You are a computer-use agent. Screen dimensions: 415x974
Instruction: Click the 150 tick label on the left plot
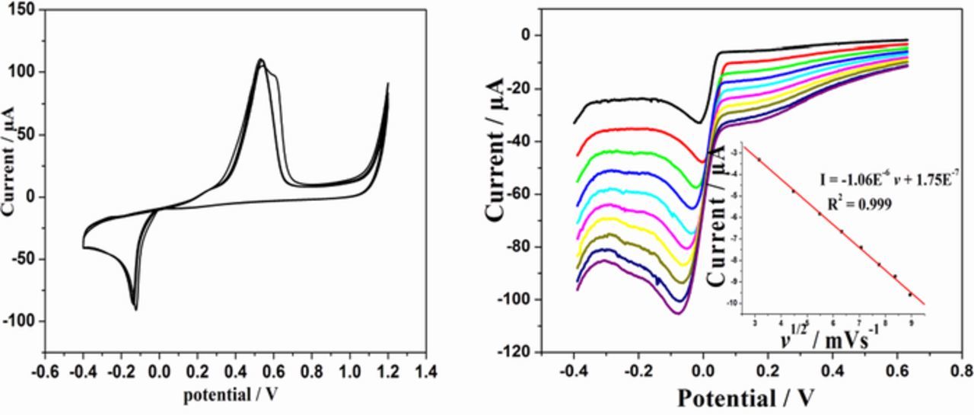24,9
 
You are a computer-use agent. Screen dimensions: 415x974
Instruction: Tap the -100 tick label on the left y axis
21,321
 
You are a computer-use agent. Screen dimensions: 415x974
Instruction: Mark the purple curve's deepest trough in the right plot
676,312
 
